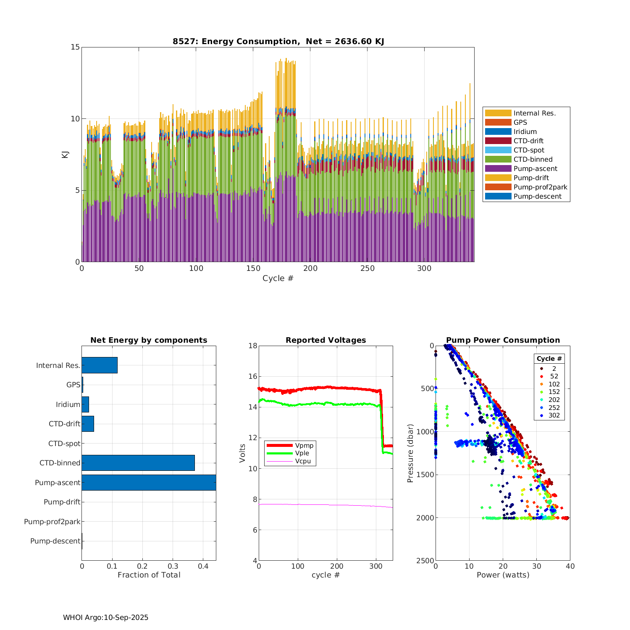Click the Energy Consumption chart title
coord(278,41)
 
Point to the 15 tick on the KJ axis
coord(75,47)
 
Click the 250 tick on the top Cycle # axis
coord(367,269)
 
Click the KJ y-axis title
coord(65,155)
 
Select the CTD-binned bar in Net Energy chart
coord(138,463)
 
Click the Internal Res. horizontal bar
coord(100,365)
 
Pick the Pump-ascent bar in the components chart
coord(149,483)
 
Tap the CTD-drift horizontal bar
coord(88,424)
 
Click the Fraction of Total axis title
coord(149,575)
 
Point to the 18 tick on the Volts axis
coord(252,346)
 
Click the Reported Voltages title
coord(325,340)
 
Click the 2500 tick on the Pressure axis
coord(425,561)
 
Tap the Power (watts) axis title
coord(503,575)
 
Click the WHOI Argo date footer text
coord(105,617)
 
